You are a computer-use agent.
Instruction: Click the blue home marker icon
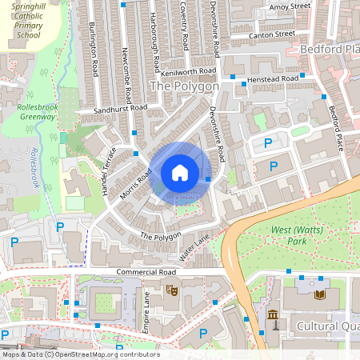180,173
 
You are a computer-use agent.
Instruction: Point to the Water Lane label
194,246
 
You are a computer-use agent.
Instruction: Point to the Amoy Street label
289,6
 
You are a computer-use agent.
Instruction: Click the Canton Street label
274,34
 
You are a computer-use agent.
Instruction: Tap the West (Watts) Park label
291,235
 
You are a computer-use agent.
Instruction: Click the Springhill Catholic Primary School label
27,20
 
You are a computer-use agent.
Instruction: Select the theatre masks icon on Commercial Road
170,289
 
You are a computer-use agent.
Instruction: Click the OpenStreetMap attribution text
80,354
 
